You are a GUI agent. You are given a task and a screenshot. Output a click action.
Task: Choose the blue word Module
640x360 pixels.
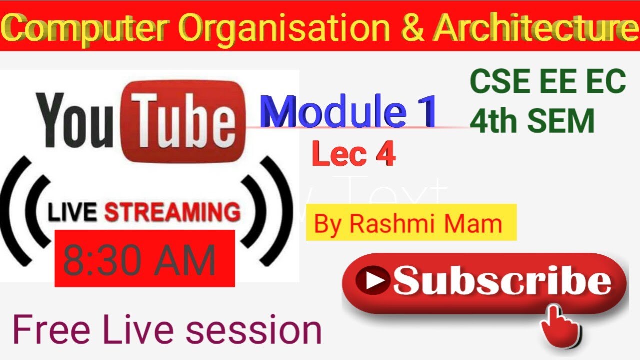[332, 111]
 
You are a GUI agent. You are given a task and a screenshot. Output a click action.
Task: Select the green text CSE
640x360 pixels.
[497, 82]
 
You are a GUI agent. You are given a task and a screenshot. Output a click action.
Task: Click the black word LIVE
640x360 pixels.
[72, 213]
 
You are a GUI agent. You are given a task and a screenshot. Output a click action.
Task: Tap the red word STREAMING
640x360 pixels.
[172, 213]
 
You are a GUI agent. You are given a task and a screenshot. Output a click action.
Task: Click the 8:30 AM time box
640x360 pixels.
[144, 258]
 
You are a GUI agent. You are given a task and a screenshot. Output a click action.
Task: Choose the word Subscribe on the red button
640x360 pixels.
[501, 282]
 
